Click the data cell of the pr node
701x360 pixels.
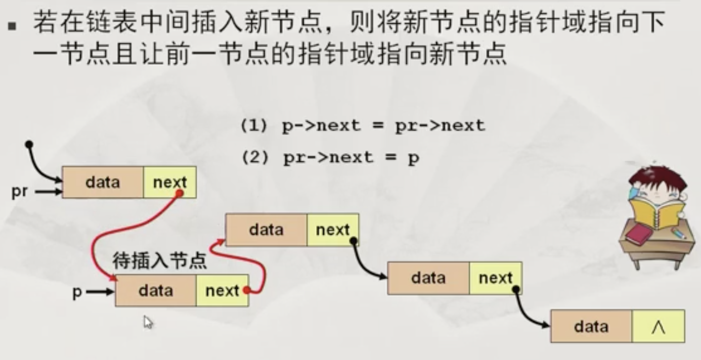pos(103,182)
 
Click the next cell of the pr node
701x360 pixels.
pos(169,182)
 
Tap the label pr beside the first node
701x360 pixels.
pos(20,192)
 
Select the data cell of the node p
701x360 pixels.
pos(156,291)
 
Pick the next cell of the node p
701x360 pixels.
pos(222,291)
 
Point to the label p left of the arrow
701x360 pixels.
pos(77,292)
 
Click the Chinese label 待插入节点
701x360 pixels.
pos(159,261)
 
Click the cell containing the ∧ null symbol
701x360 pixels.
pos(658,327)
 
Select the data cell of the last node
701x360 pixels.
pos(591,327)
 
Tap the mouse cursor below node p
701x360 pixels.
pos(148,322)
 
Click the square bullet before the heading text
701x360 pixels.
pos(13,24)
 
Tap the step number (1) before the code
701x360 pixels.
pos(253,125)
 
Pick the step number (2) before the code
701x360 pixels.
pos(253,158)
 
